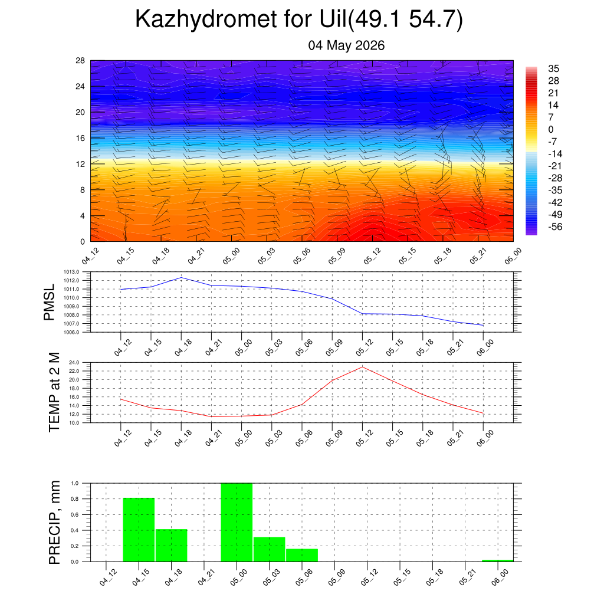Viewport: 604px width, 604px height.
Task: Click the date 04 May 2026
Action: coord(346,45)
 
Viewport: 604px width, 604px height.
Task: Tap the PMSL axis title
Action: coord(50,303)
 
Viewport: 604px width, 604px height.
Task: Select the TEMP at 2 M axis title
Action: coord(54,392)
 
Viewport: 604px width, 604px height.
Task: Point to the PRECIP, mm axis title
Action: coord(55,523)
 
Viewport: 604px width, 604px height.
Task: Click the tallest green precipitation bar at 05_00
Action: coord(237,523)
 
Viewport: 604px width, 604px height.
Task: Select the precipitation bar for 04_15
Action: coord(139,530)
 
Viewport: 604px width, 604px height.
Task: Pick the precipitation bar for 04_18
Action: coord(172,546)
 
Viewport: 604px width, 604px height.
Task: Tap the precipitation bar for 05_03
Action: coord(269,549)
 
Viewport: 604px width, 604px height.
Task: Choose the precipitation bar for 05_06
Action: coord(302,555)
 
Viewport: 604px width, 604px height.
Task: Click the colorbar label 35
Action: coord(553,68)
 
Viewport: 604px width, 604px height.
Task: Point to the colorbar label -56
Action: coord(555,226)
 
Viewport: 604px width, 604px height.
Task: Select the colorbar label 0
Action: coord(551,129)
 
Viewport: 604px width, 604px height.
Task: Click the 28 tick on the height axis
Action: coord(80,61)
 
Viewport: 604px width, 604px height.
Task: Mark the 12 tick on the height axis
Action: coord(80,164)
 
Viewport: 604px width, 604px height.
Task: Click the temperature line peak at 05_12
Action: coord(362,367)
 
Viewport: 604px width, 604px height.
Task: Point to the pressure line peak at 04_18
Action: coord(181,277)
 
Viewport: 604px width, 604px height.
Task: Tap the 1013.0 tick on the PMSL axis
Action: coord(71,272)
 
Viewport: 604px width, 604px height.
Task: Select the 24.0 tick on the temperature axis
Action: coord(74,363)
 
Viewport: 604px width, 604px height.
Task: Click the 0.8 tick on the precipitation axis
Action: coord(75,499)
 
